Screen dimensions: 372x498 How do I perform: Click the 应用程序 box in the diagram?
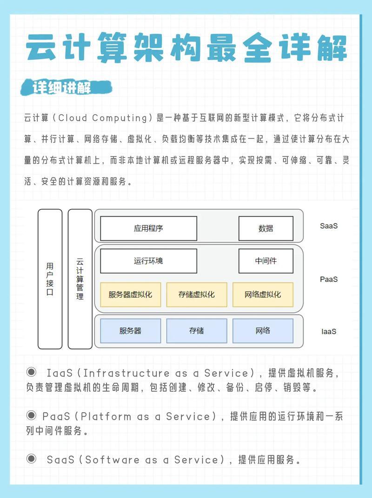click(148, 228)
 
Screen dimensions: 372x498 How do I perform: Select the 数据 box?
click(266, 228)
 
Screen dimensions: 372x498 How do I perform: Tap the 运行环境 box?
click(148, 261)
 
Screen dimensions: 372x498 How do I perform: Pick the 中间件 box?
click(266, 261)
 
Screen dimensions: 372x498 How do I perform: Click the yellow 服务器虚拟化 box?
click(130, 295)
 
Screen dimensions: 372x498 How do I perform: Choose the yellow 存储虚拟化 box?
click(197, 295)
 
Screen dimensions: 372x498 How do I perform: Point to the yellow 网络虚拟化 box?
click(263, 295)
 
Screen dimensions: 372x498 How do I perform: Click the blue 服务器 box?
click(130, 331)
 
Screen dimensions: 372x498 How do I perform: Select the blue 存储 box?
click(197, 331)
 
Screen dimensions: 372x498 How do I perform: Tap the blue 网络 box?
click(263, 331)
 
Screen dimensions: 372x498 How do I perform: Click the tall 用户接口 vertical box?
click(50, 279)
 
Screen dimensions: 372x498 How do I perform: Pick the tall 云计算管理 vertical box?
click(80, 279)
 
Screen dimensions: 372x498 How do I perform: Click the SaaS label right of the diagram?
click(329, 226)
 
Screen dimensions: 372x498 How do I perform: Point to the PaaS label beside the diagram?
click(329, 279)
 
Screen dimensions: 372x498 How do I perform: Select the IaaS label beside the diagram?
click(329, 331)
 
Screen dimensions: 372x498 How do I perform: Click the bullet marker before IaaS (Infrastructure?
click(32, 372)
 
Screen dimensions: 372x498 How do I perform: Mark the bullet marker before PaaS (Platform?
click(32, 415)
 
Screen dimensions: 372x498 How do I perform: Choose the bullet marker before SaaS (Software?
click(32, 458)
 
